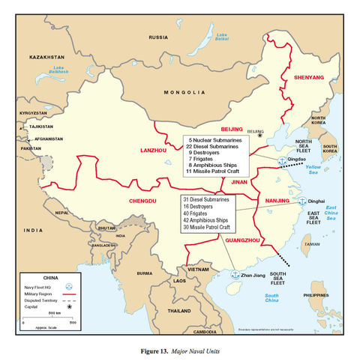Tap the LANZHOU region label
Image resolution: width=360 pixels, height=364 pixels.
pyautogui.click(x=154, y=150)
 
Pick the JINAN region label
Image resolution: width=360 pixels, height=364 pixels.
pyautogui.click(x=238, y=181)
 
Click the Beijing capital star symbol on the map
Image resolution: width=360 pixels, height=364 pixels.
pyautogui.click(x=260, y=135)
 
